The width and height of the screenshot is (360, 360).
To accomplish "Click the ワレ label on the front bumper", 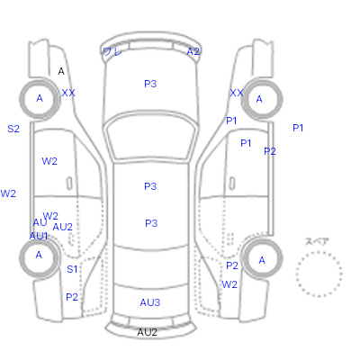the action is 112,52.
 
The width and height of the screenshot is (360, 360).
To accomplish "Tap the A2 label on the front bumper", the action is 193,51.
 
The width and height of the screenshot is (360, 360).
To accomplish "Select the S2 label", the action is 13,129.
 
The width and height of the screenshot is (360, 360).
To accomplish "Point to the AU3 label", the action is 150,302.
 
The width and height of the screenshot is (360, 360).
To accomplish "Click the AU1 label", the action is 39,237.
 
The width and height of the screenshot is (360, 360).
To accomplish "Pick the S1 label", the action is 72,269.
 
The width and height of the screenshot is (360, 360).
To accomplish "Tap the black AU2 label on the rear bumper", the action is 147,332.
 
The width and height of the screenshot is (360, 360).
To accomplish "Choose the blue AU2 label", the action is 62,227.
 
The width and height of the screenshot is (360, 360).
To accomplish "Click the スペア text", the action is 317,241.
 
